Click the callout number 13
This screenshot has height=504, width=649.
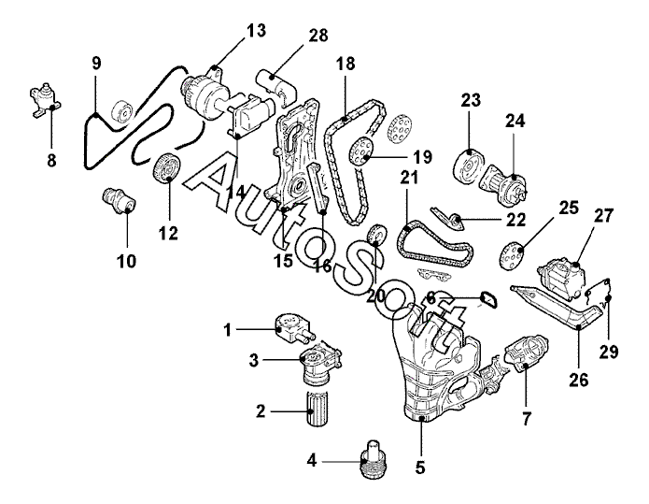coord(256,31)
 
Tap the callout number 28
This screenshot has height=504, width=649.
coord(317,36)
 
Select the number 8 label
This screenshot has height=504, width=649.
coord(51,160)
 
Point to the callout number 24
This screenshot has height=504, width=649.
coord(515,121)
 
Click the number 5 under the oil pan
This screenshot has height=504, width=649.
coord(420,468)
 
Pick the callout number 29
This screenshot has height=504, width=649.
coord(609,352)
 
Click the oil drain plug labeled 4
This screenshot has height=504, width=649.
coord(373,459)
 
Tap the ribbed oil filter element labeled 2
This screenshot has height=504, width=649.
coord(317,410)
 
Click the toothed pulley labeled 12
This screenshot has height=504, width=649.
coord(166,168)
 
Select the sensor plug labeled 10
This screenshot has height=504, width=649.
coord(120,200)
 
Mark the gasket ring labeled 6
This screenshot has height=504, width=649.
coord(488,300)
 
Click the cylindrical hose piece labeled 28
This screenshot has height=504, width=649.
coord(277,86)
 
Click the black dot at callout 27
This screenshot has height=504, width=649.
coord(577,264)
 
